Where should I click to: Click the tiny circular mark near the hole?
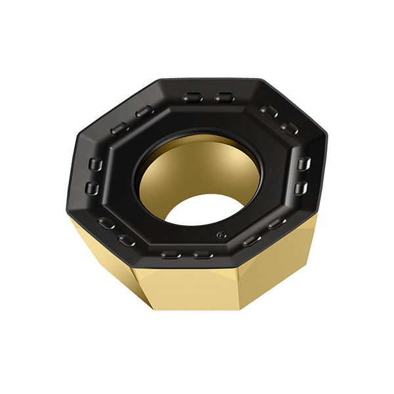coord(222,232)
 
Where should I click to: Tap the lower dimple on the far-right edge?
coord(301,189)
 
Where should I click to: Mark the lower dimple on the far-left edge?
coord(92,190)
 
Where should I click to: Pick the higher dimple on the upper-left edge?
coord(144,113)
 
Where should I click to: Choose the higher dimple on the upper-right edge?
coord(267,111)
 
